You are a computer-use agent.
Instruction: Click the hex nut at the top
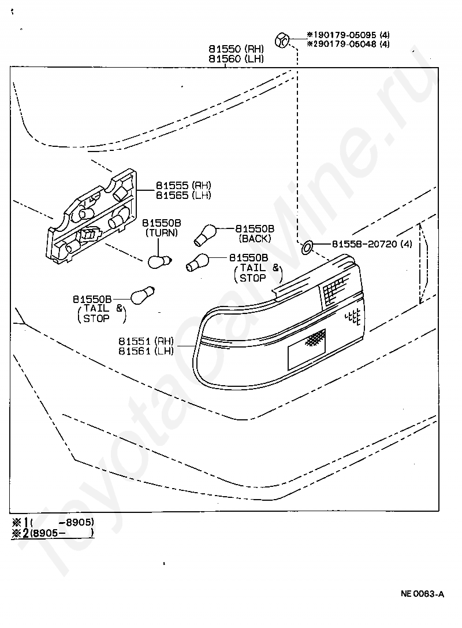tap(282, 40)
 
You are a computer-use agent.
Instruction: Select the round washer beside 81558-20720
tap(307, 247)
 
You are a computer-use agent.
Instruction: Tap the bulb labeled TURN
tap(159, 261)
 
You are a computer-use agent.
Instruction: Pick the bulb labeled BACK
tap(205, 235)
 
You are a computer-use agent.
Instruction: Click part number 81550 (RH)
tap(236, 49)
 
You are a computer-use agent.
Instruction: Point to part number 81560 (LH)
tap(236, 59)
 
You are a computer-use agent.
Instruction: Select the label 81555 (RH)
tap(183, 185)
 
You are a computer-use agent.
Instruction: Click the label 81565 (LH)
tap(183, 195)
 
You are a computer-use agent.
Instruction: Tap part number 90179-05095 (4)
tap(351, 35)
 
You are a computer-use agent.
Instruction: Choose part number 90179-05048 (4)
tap(351, 44)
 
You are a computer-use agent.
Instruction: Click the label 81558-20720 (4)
tap(372, 244)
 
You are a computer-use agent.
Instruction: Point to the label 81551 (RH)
tap(146, 341)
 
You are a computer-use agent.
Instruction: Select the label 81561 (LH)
tap(146, 351)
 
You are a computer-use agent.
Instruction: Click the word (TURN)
tap(162, 232)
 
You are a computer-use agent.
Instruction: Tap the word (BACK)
tap(255, 239)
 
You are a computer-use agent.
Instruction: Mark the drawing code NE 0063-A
tap(422, 594)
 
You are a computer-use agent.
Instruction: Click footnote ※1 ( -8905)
tap(53, 522)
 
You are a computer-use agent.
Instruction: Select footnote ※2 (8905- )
tap(53, 533)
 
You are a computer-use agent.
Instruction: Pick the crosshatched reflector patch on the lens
tap(315, 338)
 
